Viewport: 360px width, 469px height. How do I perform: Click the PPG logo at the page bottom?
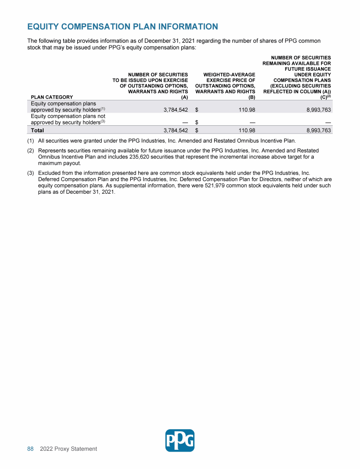tap(180, 440)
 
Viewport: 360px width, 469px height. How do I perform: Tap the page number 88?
tap(30, 449)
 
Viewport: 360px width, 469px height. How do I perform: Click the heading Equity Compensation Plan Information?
tap(122, 26)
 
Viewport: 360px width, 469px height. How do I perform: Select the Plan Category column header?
tap(52, 97)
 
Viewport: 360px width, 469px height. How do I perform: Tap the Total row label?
tap(37, 130)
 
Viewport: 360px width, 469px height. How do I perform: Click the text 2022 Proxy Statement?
tap(68, 449)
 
